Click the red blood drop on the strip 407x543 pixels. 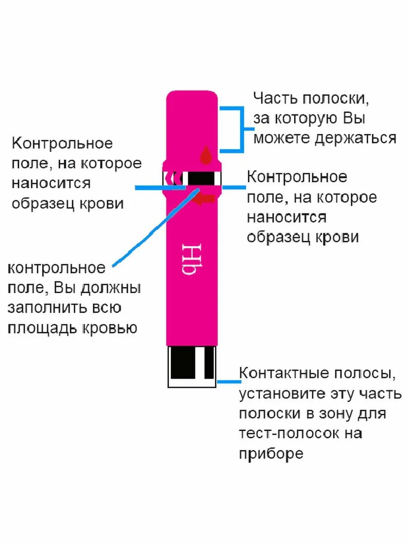click(x=206, y=155)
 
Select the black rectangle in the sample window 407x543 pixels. click(x=200, y=178)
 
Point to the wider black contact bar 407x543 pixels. click(x=183, y=363)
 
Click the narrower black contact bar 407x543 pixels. click(x=208, y=363)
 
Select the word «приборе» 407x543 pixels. click(x=271, y=453)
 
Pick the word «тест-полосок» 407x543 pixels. click(x=289, y=433)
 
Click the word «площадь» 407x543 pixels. click(x=42, y=328)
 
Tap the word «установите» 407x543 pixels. click(x=281, y=394)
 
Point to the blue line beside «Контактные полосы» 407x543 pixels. click(x=227, y=381)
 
